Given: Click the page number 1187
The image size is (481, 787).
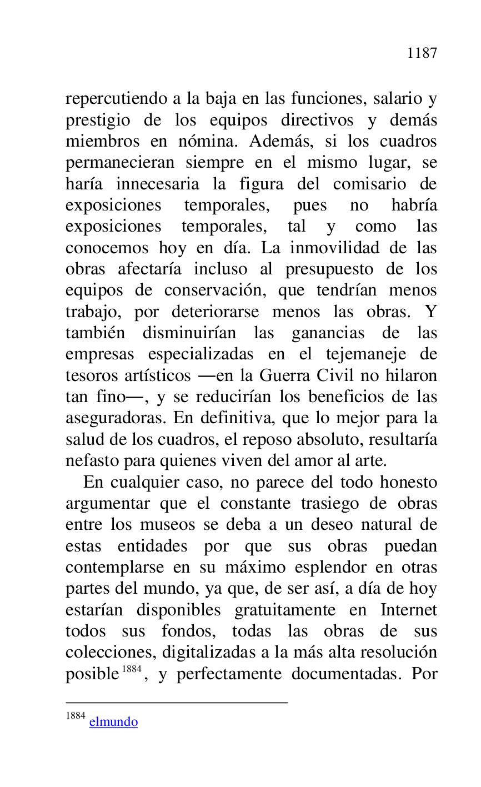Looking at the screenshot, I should coord(422,53).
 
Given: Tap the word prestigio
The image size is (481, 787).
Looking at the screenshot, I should coord(98,121).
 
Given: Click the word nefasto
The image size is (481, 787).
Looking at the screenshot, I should coord(89,460).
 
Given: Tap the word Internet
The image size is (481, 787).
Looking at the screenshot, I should coord(408,610).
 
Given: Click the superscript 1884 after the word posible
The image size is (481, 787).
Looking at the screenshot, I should coord(132,669).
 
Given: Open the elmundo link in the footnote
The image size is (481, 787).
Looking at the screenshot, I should coord(113,722).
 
